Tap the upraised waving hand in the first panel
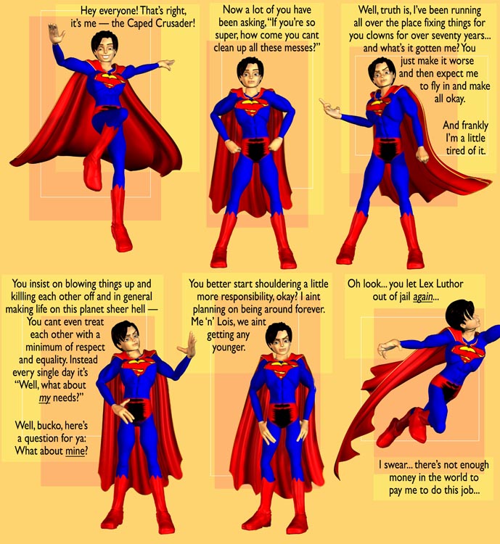point(55,33)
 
